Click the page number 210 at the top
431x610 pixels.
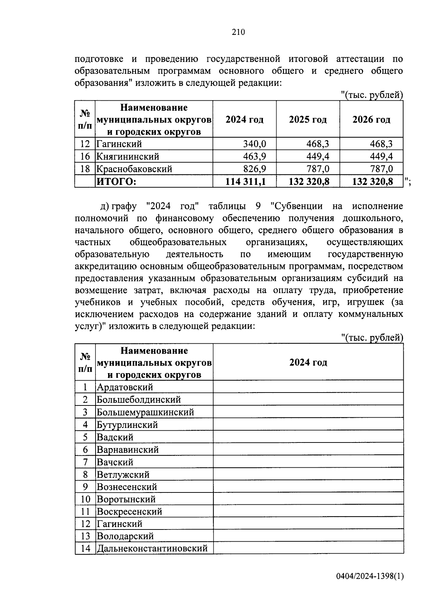238,32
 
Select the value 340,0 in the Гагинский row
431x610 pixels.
254,144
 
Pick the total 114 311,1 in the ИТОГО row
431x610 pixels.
245,182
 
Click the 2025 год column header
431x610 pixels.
308,120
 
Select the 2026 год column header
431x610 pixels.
371,120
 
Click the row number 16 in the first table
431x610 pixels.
85,157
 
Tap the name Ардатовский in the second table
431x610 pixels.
125,387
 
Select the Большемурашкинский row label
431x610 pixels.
145,412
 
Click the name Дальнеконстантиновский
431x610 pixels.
152,549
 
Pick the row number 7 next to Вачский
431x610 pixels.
85,462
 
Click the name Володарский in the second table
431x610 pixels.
125,536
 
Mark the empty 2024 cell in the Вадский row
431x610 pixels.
308,437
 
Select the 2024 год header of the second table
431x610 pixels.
308,362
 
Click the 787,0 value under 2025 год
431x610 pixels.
318,169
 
